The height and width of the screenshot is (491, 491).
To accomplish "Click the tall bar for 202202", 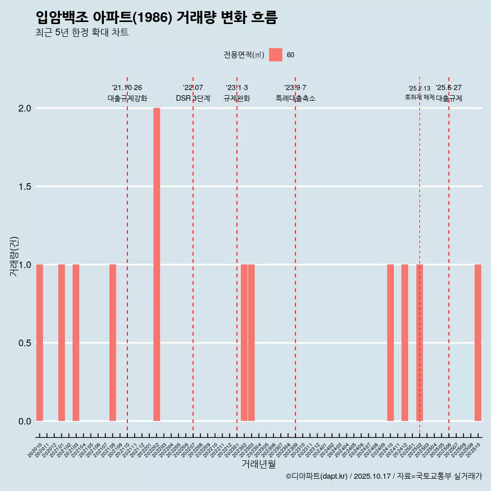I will [x=157, y=264].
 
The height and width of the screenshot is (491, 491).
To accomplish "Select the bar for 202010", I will [x=39, y=343].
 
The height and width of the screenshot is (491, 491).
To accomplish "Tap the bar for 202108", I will [x=113, y=343].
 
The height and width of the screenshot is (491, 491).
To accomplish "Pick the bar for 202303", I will [x=252, y=343].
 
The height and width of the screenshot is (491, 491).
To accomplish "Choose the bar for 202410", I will [x=390, y=343].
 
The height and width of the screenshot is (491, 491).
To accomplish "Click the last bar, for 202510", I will [x=478, y=343].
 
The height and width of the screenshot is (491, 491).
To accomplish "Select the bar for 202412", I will [x=405, y=343].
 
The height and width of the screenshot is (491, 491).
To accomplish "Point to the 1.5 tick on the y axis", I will [x=25, y=187].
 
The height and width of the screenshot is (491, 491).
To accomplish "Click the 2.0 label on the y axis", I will [x=25, y=108].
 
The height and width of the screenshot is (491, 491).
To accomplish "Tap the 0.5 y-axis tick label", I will [x=25, y=343].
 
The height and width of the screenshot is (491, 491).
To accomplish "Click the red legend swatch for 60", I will [x=276, y=55].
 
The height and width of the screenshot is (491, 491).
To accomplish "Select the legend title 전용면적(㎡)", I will [x=243, y=55].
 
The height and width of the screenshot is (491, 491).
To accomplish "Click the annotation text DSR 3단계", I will [x=193, y=98].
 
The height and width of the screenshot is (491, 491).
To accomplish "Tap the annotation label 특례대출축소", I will [x=295, y=98].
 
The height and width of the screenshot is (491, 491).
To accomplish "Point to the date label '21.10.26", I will [x=127, y=87].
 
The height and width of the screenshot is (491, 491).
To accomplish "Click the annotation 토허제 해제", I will [x=419, y=97].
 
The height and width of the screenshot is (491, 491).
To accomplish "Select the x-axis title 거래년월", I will [x=258, y=464].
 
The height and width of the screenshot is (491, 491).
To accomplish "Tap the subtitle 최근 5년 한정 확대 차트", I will [x=82, y=33].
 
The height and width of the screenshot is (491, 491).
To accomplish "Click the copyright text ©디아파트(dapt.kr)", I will [x=317, y=476].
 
